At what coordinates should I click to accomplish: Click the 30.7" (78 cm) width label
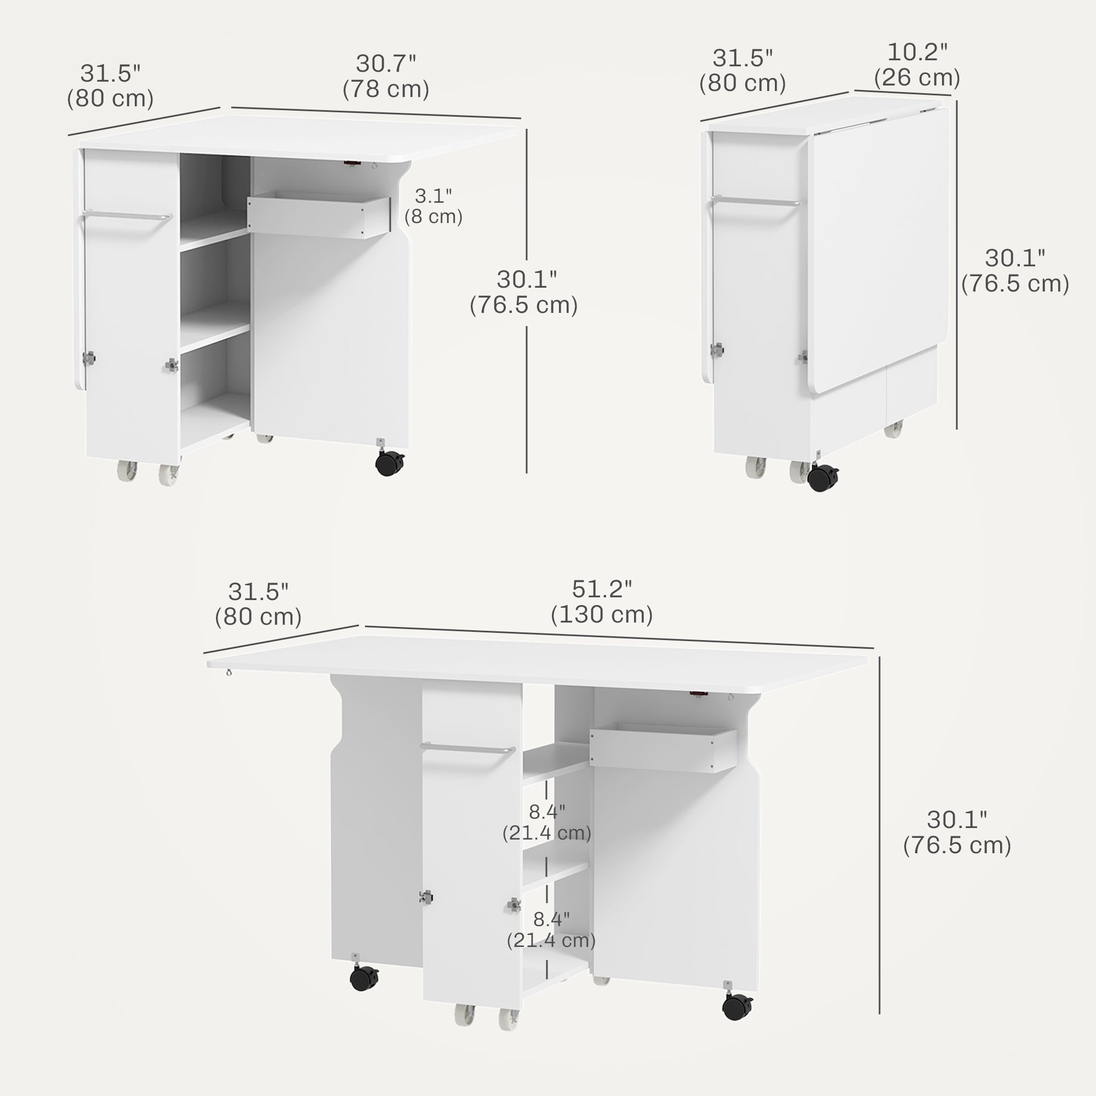click(x=386, y=77)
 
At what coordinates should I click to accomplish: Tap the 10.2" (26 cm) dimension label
click(x=917, y=65)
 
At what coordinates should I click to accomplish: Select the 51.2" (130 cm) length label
click(x=601, y=602)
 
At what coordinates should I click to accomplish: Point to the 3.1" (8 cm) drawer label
click(x=433, y=206)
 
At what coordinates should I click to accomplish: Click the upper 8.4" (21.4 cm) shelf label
click(x=547, y=823)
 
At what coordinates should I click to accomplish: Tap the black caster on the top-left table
click(x=390, y=463)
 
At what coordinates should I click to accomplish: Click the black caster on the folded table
click(x=823, y=478)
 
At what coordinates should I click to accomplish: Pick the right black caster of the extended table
click(x=737, y=1007)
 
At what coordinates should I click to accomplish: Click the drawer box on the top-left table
click(x=318, y=216)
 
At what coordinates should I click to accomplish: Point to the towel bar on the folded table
click(x=757, y=201)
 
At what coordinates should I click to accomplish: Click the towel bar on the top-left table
click(x=127, y=216)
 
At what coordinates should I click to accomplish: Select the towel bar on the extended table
click(x=467, y=747)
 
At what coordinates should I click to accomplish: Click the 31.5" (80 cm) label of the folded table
click(x=742, y=71)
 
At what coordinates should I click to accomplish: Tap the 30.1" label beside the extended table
click(x=957, y=832)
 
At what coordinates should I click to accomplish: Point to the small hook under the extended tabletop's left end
click(x=229, y=673)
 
